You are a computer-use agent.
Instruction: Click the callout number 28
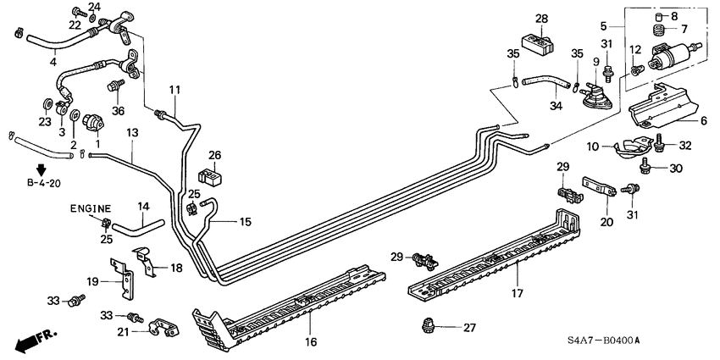(x=541, y=19)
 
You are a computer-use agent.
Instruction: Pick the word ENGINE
(x=91, y=208)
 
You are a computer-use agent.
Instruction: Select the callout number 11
(x=174, y=91)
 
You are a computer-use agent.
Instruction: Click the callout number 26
(x=214, y=155)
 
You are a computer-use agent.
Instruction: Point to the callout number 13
(x=132, y=134)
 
